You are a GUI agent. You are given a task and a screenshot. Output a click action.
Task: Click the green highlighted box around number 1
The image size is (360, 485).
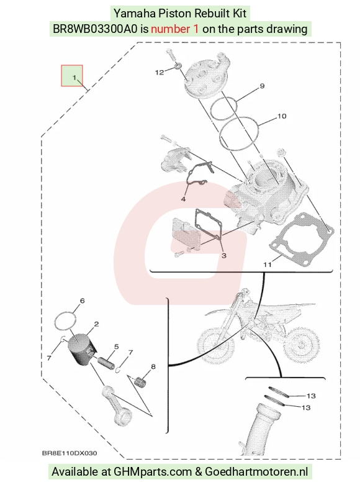(x=72, y=76)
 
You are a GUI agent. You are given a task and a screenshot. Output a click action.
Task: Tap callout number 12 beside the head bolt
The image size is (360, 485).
(x=160, y=73)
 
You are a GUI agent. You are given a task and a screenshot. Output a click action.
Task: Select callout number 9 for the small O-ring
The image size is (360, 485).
(x=263, y=86)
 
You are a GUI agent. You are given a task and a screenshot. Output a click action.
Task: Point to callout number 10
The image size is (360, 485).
(x=282, y=116)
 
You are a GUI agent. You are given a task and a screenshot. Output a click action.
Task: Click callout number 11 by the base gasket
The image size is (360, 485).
(x=268, y=265)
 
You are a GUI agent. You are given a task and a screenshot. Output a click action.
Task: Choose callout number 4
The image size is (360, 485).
(x=183, y=199)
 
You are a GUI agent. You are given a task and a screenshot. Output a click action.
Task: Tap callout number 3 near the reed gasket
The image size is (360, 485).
(x=224, y=255)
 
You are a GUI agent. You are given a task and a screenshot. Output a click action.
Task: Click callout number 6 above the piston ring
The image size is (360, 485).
(x=83, y=301)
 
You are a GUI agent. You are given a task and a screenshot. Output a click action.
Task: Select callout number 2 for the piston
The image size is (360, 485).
(x=96, y=324)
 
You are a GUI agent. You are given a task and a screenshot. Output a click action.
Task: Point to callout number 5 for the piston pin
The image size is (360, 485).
(x=117, y=347)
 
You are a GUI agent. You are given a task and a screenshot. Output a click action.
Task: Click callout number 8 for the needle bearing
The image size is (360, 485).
(x=153, y=366)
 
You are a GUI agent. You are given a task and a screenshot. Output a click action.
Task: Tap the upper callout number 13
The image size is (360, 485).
(x=311, y=396)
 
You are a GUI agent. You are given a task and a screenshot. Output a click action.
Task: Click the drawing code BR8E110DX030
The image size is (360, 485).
(x=70, y=453)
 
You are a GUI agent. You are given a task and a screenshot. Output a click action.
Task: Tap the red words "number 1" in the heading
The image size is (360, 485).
(x=175, y=29)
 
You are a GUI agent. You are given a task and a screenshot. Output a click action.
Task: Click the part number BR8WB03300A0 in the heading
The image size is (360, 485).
(x=95, y=29)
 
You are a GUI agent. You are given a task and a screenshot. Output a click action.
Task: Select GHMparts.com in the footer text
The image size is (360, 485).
(x=153, y=472)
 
